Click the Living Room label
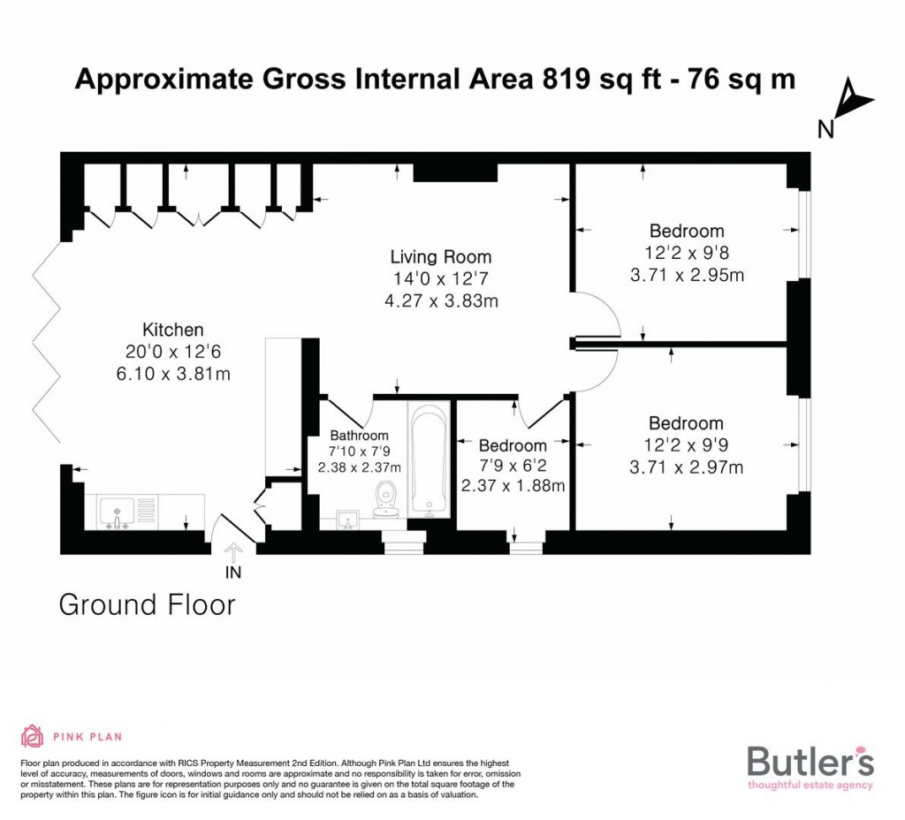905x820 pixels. coord(440,257)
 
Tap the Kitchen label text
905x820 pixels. coord(172,330)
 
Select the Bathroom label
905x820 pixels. coord(360,436)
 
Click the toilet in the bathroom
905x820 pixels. coord(385,499)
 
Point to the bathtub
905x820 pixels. coord(430,460)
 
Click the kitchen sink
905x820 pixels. coord(117,512)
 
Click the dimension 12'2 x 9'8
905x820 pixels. coord(687,253)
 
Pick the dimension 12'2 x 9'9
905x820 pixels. coord(686,445)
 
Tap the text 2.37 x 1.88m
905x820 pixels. coord(513,485)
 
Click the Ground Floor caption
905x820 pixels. coord(147,605)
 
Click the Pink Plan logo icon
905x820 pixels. coord(32,735)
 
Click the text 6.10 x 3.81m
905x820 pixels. coord(172,374)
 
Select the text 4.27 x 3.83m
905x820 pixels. coord(440,300)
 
